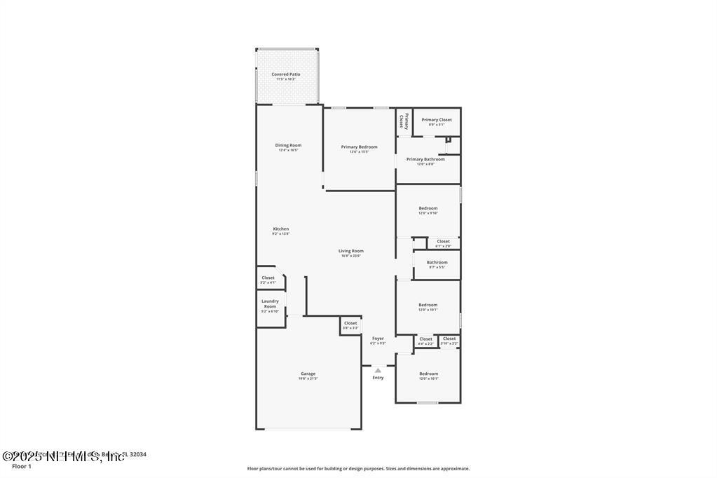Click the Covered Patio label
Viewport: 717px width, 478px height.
(x=286, y=74)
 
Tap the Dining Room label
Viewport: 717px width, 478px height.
(x=288, y=146)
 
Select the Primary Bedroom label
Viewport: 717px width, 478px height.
(x=359, y=147)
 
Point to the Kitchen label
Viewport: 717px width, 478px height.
(x=280, y=229)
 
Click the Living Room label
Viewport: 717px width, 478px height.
(x=350, y=251)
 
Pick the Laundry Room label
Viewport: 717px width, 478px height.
(x=270, y=303)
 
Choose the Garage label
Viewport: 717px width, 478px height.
(x=308, y=374)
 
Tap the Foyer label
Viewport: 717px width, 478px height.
(x=378, y=339)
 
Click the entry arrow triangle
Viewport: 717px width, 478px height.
(x=378, y=370)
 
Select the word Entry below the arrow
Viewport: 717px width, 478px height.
(x=378, y=378)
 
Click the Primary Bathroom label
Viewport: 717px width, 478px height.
(x=425, y=159)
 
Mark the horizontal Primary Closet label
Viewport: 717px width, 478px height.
(x=437, y=120)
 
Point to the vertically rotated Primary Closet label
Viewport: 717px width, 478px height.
(x=404, y=121)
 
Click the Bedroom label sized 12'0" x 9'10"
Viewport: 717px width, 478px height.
(x=428, y=208)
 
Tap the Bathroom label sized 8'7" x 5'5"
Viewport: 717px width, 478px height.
(x=437, y=263)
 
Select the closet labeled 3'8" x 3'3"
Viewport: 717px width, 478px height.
(x=350, y=323)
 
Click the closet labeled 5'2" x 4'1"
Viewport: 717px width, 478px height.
(x=268, y=278)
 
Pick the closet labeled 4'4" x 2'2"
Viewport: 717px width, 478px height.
(x=425, y=339)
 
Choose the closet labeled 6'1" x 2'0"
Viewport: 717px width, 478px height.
(x=443, y=241)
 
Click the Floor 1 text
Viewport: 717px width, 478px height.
(x=22, y=466)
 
